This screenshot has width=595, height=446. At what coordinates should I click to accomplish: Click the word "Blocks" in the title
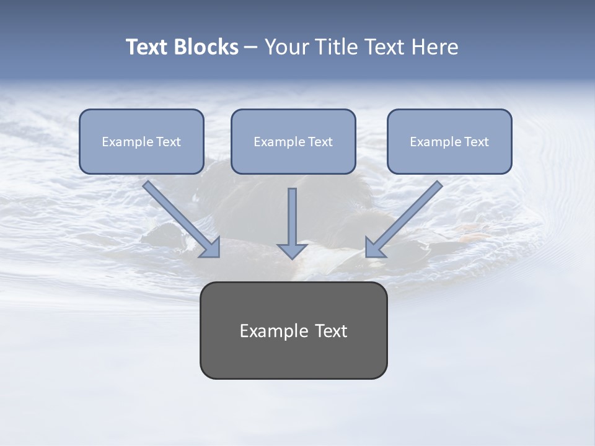click(207, 47)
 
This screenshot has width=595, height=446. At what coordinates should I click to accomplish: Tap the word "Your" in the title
click(289, 47)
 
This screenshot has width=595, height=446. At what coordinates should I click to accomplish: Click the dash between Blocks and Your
click(251, 47)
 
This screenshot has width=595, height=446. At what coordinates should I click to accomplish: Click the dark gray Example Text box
click(293, 356)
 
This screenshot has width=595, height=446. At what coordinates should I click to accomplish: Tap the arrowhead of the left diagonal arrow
click(211, 248)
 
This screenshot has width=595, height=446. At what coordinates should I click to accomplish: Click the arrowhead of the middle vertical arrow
click(292, 250)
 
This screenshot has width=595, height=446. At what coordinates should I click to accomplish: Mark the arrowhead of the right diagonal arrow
click(374, 248)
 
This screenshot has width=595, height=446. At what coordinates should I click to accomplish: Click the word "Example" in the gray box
click(270, 331)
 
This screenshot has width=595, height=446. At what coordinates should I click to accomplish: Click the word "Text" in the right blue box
click(476, 142)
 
